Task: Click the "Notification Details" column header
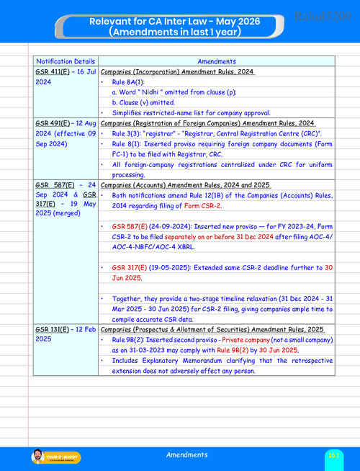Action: (63, 62)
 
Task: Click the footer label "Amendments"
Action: (187, 455)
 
